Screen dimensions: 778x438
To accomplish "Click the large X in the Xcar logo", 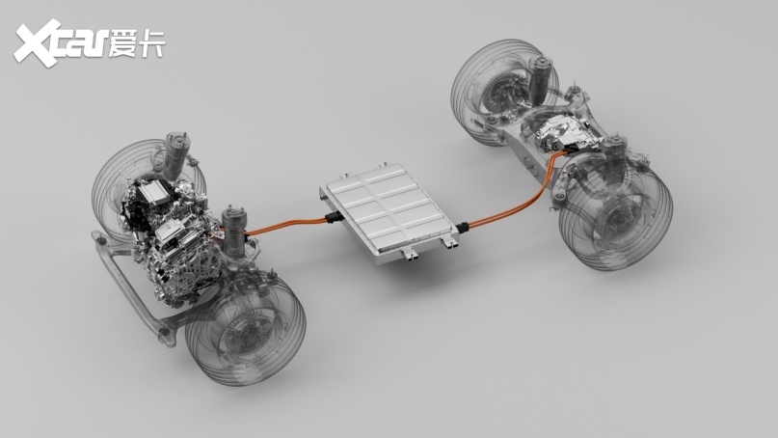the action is click(38, 43).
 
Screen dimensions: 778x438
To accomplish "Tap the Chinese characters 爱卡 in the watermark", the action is click(136, 43).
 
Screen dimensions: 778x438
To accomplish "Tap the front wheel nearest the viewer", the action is click(245, 329).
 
